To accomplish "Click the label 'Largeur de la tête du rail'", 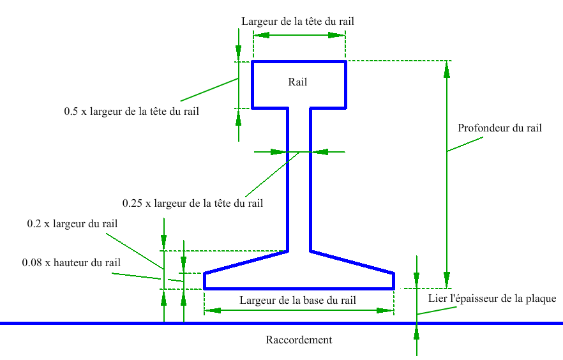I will pos(297,21).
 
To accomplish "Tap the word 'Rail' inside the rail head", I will pos(297,82).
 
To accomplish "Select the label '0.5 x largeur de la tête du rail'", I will pos(131,111).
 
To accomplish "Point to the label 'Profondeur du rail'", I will pos(500,128).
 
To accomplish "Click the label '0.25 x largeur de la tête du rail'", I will pos(193,204).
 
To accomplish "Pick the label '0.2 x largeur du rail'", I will pos(72,224).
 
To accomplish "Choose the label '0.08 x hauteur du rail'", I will pos(71,262).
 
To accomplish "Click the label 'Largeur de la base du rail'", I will pos(297,300).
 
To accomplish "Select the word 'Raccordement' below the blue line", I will pos(299,340).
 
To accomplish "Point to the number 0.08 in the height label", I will pos(33,262).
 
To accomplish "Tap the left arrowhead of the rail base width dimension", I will pos(211,311).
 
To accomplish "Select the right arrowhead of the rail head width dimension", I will pos(338,35).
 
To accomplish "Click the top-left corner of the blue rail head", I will pos(253,62).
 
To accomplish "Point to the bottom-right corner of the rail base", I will pos(393,289).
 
